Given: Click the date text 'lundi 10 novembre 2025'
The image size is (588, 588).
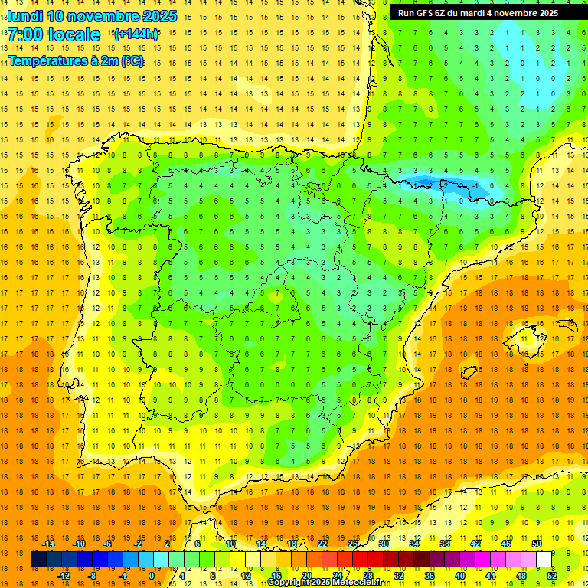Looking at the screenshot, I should pyautogui.click(x=92, y=15).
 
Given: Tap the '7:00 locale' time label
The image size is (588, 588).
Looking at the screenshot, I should pyautogui.click(x=54, y=34).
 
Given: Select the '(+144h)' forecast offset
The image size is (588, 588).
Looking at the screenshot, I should pyautogui.click(x=136, y=34).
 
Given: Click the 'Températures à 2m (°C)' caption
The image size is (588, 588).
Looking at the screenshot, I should pyautogui.click(x=76, y=60).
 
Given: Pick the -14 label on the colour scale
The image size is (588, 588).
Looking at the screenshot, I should pyautogui.click(x=48, y=544).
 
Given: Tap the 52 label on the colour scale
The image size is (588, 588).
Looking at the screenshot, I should pyautogui.click(x=552, y=576).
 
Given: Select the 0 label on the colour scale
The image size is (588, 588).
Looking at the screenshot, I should pyautogui.click(x=152, y=576).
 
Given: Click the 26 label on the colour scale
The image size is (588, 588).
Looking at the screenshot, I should pyautogui.click(x=353, y=544).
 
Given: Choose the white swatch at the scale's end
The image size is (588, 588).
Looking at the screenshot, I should pyautogui.click(x=544, y=560).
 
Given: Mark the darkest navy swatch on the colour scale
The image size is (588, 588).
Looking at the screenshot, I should pyautogui.click(x=38, y=560).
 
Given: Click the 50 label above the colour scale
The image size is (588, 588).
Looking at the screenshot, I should pyautogui.click(x=537, y=544).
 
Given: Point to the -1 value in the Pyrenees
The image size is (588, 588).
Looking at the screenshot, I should pyautogui.click(x=475, y=185).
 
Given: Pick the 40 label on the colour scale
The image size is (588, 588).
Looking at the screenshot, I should pyautogui.click(x=460, y=576).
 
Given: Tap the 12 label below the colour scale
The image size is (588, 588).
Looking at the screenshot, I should pyautogui.click(x=245, y=576).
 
